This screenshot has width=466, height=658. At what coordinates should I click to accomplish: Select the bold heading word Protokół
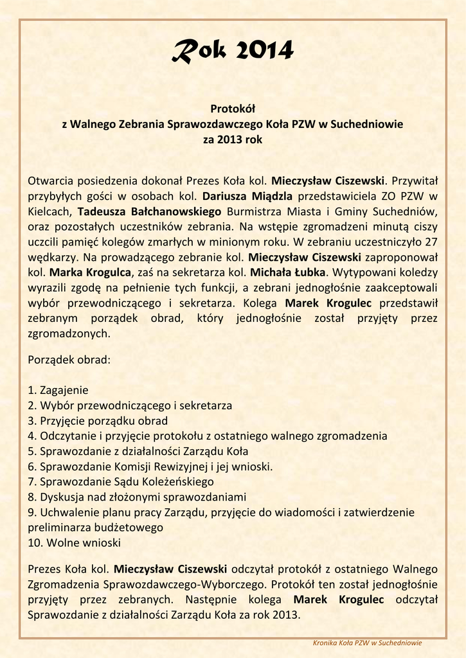click(233, 111)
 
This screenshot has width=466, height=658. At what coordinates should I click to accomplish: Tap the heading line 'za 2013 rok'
click(233, 138)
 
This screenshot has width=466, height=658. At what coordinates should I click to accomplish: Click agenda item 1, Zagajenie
click(58, 390)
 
